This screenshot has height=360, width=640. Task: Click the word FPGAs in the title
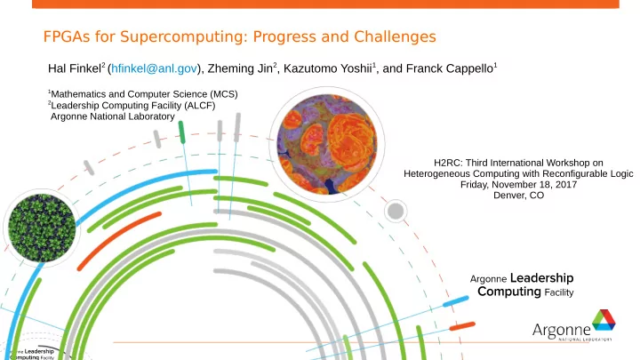click(x=67, y=36)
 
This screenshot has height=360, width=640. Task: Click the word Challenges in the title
click(x=395, y=36)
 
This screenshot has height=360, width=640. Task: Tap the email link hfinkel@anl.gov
click(x=155, y=68)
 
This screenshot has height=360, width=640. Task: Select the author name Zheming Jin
click(x=240, y=68)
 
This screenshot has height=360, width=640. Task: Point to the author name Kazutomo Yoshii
click(x=328, y=68)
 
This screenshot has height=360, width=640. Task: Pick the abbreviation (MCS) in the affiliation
click(x=224, y=94)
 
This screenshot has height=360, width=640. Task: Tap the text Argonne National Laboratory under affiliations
click(x=113, y=116)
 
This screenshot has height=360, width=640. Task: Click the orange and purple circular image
click(x=327, y=145)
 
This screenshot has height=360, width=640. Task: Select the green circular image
click(x=42, y=228)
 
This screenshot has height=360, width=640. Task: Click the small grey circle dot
click(x=395, y=212)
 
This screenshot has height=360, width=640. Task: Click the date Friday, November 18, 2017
click(x=518, y=185)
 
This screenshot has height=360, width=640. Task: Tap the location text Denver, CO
click(x=518, y=195)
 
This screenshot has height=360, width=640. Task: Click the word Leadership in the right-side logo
click(x=541, y=278)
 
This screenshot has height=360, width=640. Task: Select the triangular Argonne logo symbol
click(x=604, y=320)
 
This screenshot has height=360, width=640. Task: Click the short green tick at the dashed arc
click(x=181, y=132)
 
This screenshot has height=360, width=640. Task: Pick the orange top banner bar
click(x=325, y=4)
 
